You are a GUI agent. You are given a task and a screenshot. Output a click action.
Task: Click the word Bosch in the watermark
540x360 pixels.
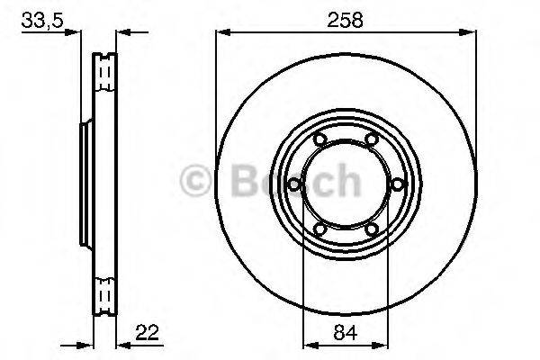[286, 180]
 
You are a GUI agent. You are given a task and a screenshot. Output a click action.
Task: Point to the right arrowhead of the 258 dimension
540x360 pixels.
[469, 33]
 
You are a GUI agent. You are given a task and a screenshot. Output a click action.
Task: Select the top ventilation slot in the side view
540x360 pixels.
[105, 67]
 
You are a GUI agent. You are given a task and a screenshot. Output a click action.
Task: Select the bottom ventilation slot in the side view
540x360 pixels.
[105, 294]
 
